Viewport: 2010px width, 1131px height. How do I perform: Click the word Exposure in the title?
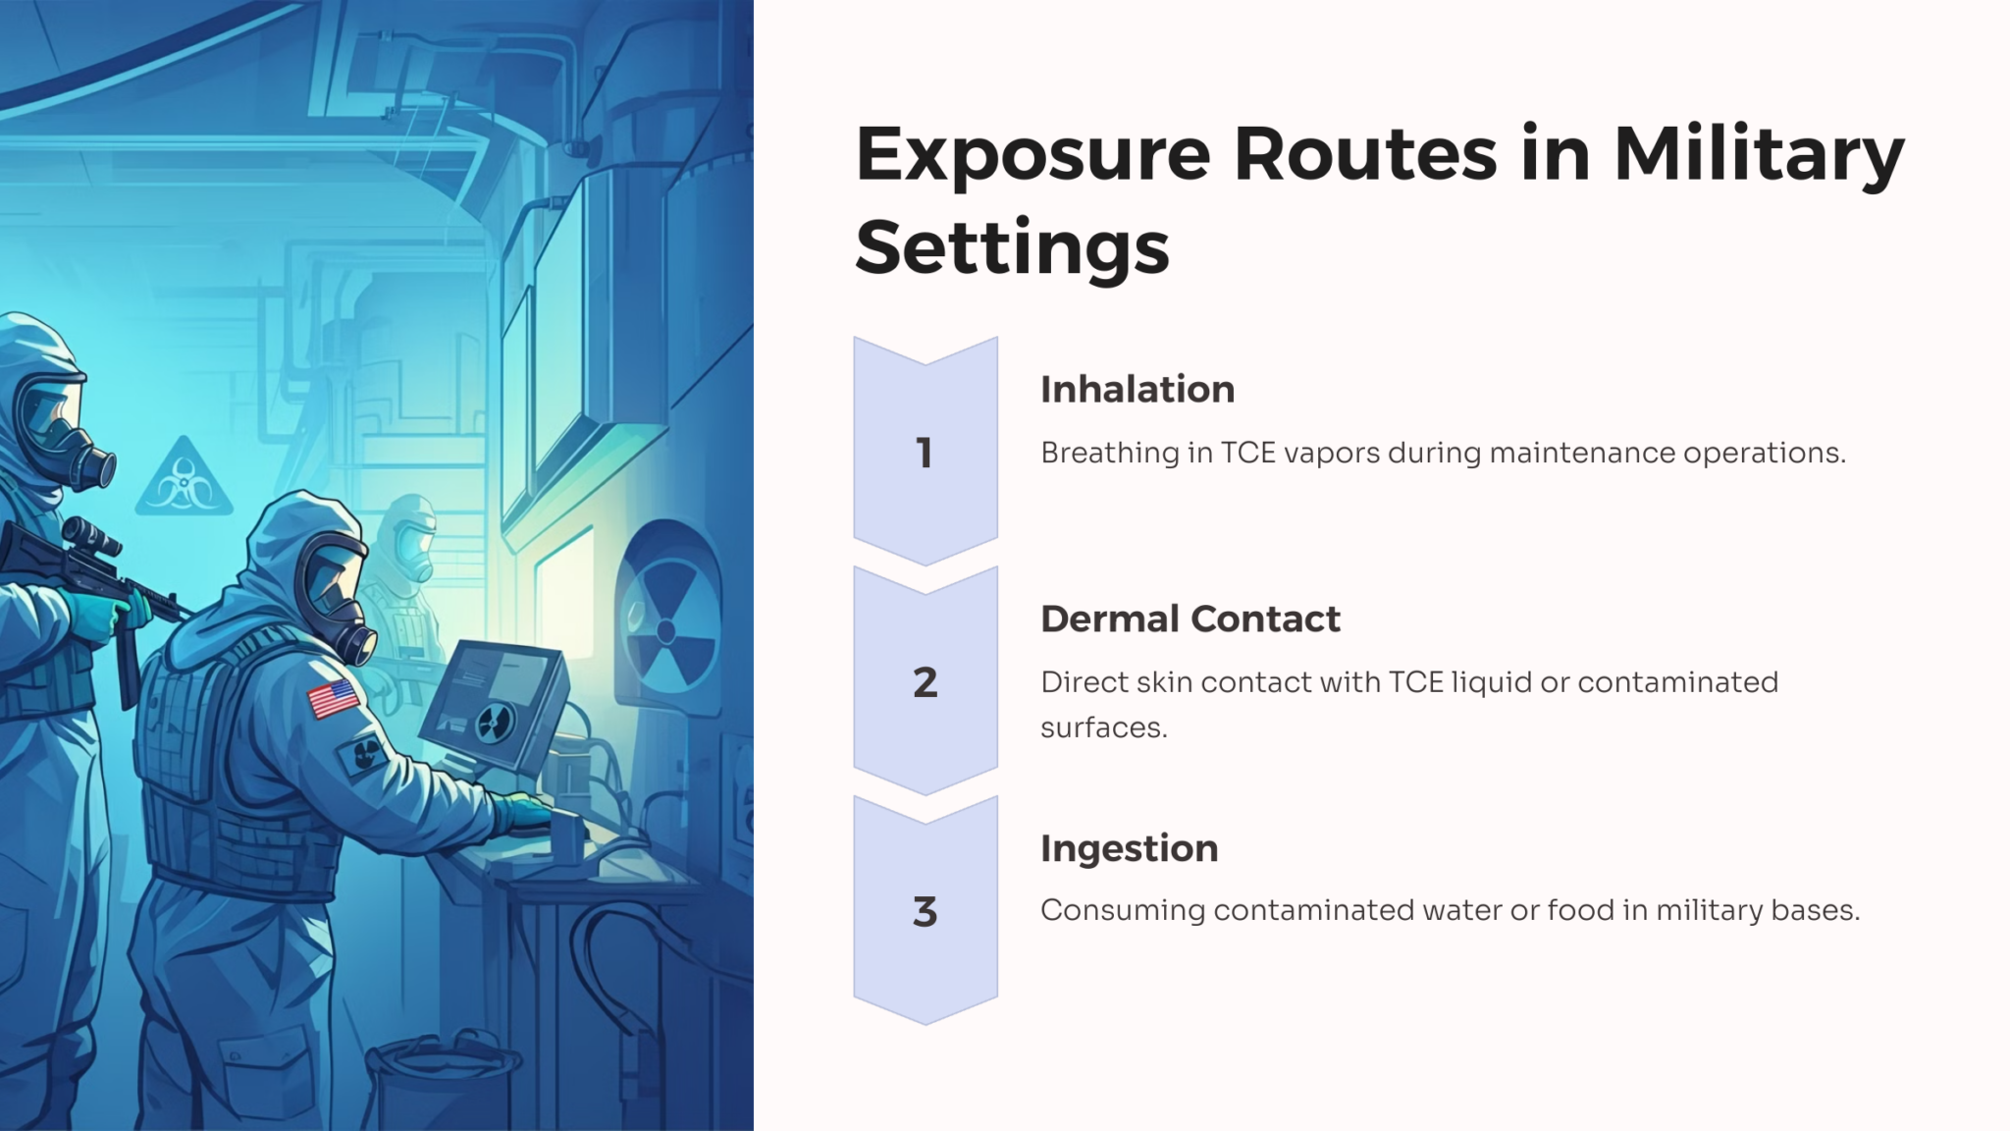point(1032,155)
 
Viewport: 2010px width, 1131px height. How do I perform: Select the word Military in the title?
point(1759,155)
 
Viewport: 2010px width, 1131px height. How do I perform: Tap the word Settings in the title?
point(1013,247)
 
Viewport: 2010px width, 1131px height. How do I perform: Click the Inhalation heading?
point(1137,390)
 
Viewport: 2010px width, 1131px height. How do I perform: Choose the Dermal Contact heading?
point(1190,619)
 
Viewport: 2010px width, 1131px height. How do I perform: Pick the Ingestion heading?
point(1130,849)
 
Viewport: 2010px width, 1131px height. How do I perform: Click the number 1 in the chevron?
point(924,453)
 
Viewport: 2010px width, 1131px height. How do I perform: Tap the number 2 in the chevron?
point(925,682)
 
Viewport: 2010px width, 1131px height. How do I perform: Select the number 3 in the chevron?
point(925,912)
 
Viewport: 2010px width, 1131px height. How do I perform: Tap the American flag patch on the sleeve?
point(334,698)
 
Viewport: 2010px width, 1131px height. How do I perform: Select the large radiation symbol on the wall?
point(665,629)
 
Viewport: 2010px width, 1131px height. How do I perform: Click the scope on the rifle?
point(91,535)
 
